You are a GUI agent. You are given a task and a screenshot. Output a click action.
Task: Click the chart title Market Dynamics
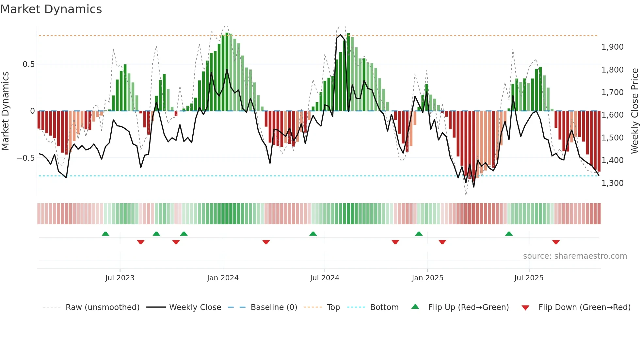(51, 9)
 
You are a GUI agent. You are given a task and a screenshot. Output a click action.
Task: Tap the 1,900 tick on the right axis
(612, 47)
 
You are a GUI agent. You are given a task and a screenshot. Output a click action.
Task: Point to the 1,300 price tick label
(612, 183)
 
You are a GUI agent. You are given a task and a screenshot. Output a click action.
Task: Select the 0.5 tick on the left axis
(28, 64)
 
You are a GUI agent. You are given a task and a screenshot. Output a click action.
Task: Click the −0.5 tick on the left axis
(26, 158)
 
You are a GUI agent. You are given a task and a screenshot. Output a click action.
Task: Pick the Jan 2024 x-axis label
(223, 278)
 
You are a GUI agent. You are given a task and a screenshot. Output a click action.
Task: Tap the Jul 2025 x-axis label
(529, 278)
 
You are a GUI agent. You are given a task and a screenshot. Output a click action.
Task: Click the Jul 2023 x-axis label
(120, 278)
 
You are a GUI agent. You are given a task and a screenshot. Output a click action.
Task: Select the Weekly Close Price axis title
(634, 111)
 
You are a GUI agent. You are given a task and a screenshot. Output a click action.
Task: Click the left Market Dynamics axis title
(5, 111)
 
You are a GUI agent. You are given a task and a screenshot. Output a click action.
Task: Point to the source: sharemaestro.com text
(575, 256)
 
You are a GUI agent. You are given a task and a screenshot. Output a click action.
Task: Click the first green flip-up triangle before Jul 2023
(105, 234)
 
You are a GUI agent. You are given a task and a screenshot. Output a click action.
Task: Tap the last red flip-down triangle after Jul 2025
(556, 242)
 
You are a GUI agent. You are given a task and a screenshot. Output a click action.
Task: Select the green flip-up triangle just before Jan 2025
(419, 234)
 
